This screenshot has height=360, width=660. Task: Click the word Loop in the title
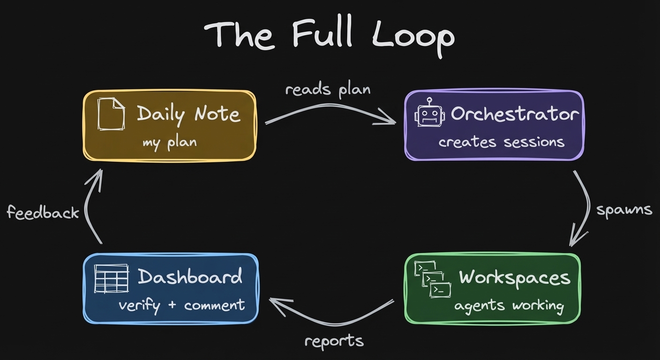[x=413, y=37]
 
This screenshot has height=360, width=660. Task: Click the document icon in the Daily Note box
[x=111, y=114]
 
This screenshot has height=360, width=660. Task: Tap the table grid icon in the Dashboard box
[x=111, y=278]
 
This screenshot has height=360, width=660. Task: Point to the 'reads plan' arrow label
[x=328, y=89]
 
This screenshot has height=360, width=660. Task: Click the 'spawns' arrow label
[x=624, y=210]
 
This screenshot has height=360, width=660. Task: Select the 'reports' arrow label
[x=334, y=341]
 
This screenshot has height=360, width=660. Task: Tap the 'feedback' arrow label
[x=43, y=213]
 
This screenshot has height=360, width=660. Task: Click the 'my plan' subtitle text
[x=169, y=142]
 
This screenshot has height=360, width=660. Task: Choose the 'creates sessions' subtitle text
[x=501, y=142]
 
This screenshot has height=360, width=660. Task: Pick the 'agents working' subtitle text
[x=509, y=306]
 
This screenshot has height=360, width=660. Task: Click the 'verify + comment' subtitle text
[x=181, y=306]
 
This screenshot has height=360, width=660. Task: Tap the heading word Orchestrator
[x=515, y=114]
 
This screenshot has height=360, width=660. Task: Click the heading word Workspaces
[x=515, y=277]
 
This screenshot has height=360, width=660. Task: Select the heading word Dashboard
[x=190, y=277]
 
